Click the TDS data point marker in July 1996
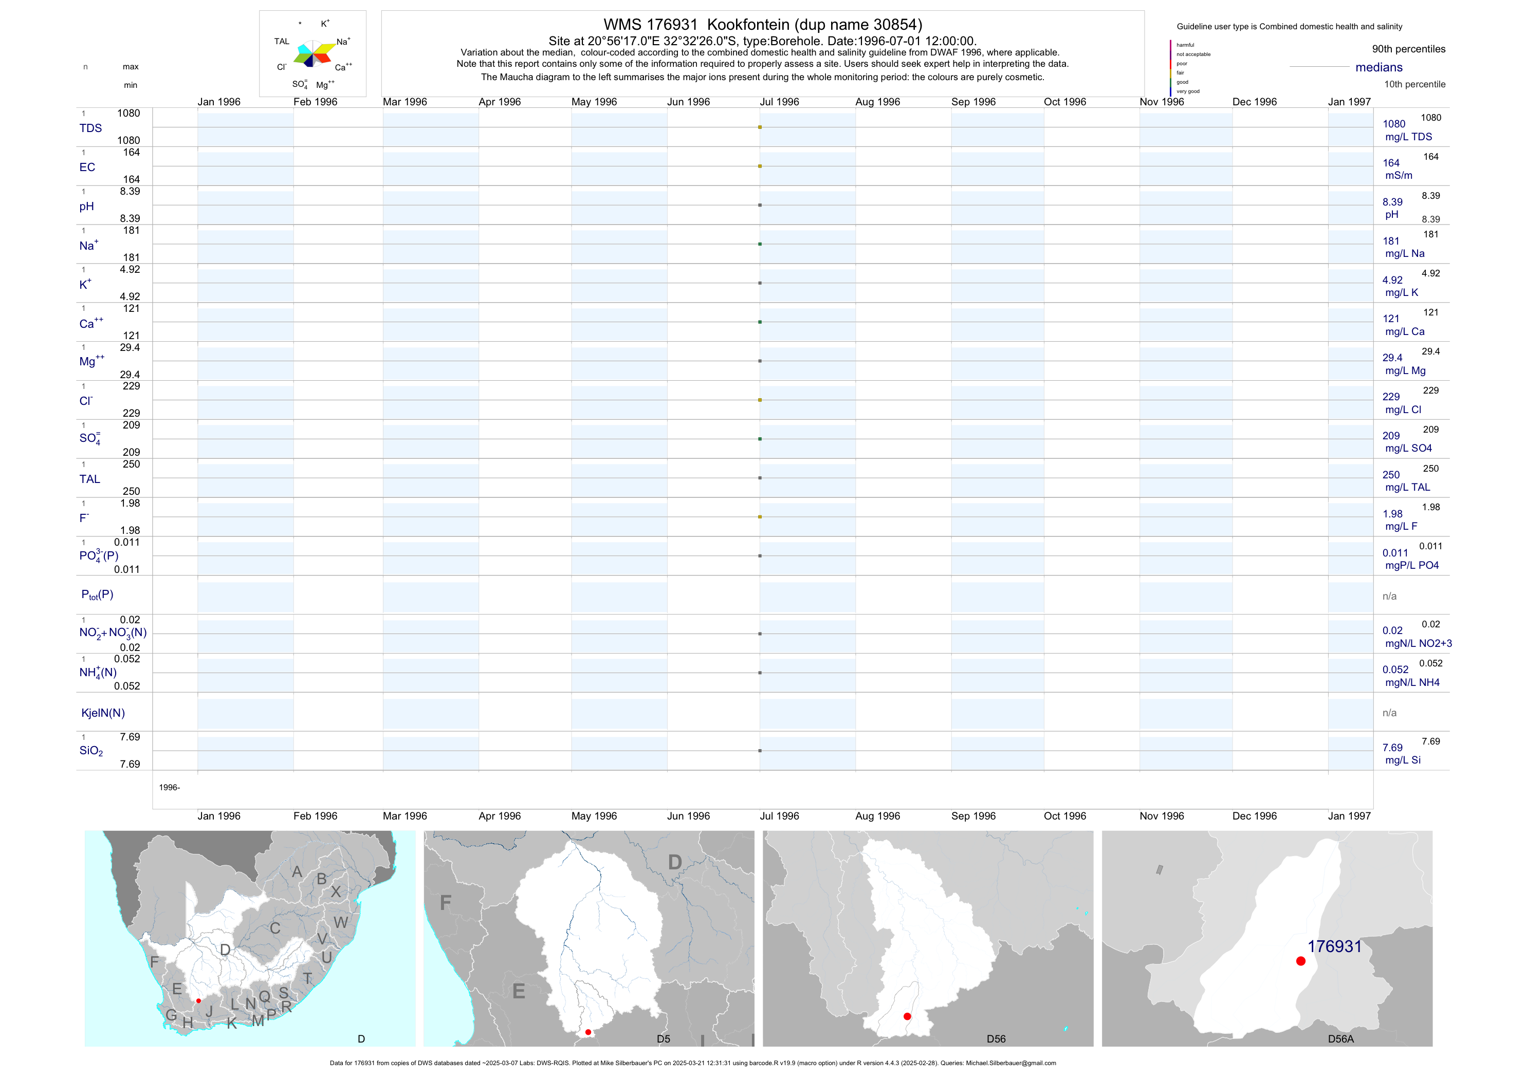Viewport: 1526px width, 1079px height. [x=760, y=127]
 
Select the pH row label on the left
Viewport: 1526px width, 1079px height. [x=86, y=207]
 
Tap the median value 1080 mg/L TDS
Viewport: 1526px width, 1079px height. [x=1394, y=124]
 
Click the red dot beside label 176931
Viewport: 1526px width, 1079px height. [x=1301, y=961]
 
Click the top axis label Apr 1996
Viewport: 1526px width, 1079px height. [x=499, y=102]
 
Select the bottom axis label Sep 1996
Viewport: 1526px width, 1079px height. [x=973, y=816]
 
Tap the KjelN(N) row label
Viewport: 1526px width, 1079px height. [x=102, y=713]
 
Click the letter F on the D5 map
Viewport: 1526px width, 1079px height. [x=445, y=902]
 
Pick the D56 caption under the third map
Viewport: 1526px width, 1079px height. [x=996, y=1038]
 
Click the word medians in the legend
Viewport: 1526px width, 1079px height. [x=1378, y=67]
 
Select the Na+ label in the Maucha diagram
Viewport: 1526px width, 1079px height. [x=343, y=42]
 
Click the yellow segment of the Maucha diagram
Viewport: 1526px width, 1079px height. [x=324, y=48]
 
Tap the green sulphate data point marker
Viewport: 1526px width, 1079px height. [x=760, y=439]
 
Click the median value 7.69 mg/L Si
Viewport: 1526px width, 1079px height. [x=1392, y=748]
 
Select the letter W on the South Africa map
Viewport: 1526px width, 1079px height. [x=340, y=922]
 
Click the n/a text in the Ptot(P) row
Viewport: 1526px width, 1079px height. [x=1389, y=596]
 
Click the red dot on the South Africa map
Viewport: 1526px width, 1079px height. [x=198, y=1000]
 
